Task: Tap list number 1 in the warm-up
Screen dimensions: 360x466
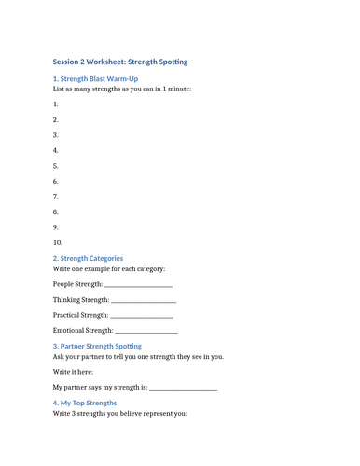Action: point(56,104)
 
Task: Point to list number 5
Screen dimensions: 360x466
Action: point(56,166)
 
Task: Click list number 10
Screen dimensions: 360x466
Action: point(58,242)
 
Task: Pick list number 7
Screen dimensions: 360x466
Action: point(56,197)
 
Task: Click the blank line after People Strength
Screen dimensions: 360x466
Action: point(138,284)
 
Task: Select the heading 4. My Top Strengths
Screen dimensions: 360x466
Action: point(85,403)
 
